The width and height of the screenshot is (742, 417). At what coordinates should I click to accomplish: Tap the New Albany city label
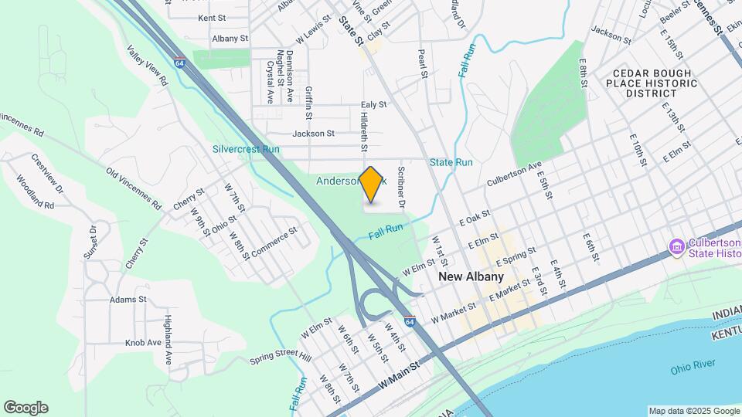click(471, 276)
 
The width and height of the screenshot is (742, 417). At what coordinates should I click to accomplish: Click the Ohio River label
click(690, 369)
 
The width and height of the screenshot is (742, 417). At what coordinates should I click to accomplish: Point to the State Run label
click(451, 162)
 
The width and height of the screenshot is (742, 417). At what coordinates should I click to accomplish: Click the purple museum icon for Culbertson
click(677, 247)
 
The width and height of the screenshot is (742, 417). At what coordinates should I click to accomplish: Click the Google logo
click(26, 408)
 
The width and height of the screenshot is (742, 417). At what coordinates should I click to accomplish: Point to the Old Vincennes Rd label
click(134, 188)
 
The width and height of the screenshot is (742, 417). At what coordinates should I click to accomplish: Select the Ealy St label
click(373, 104)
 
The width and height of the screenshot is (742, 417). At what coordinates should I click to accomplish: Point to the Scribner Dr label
click(401, 188)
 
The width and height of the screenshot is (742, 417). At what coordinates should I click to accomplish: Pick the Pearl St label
click(423, 65)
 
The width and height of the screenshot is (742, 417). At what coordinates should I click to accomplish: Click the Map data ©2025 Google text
click(693, 411)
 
